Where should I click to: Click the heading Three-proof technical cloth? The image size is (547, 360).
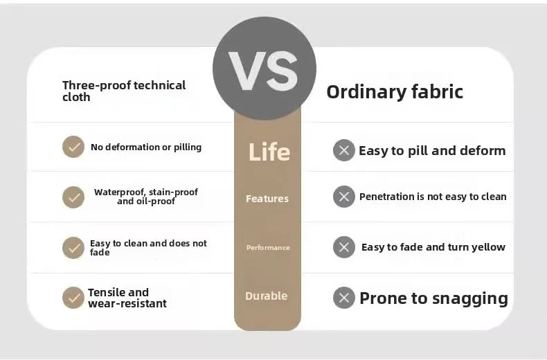[124, 91]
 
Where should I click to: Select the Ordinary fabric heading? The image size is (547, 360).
[395, 92]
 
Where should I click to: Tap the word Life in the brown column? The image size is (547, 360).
[269, 152]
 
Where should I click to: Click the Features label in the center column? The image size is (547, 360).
[267, 199]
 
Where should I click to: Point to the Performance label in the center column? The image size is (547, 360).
[268, 247]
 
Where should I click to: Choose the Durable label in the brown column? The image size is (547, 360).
[266, 296]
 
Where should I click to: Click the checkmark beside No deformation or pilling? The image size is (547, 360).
[73, 147]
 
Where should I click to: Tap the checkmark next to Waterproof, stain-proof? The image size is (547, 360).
[73, 197]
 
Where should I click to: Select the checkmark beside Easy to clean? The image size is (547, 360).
[73, 248]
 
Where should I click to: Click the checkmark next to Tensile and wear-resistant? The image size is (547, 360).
[73, 298]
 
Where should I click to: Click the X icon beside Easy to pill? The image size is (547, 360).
[344, 150]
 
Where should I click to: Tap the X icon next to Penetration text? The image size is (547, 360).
[344, 197]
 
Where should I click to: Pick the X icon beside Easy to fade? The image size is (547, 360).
[344, 247]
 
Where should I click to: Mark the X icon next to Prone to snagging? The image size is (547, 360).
[344, 298]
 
